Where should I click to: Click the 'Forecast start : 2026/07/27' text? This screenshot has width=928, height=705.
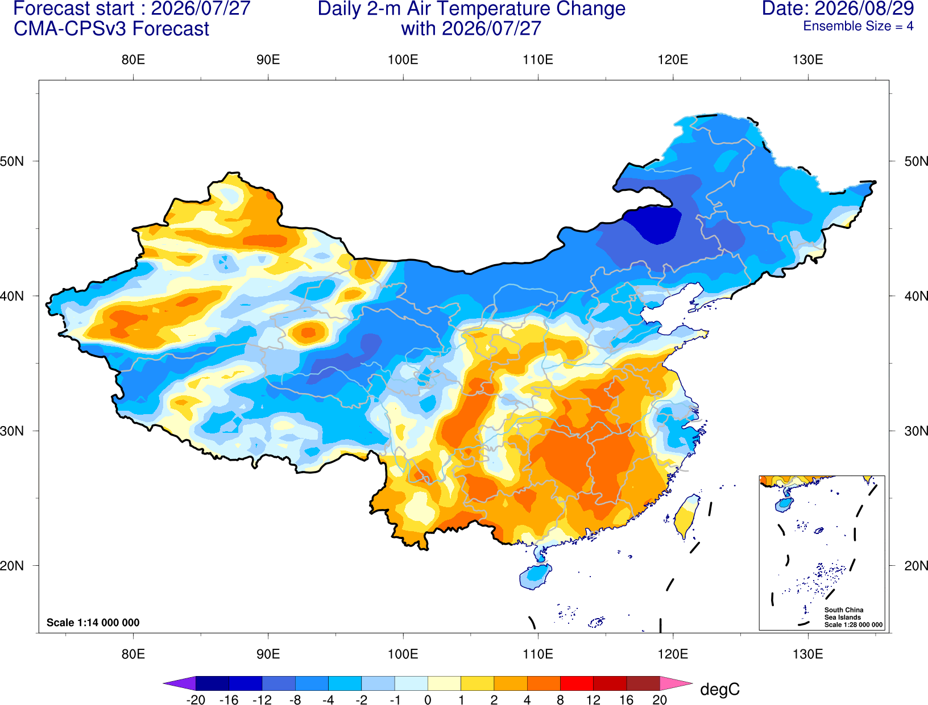point(132,9)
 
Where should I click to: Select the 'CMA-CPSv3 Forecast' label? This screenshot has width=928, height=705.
point(111,29)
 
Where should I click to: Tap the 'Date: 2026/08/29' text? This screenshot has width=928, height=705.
point(838,9)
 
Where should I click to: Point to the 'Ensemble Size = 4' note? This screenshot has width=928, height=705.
point(858,26)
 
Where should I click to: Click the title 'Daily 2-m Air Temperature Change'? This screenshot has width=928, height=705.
point(471,9)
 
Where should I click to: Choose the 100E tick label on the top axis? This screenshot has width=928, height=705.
point(403,60)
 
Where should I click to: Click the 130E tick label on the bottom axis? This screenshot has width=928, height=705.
point(807,654)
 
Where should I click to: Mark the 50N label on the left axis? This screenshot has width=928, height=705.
point(12,161)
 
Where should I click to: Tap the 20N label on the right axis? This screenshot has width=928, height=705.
point(916,566)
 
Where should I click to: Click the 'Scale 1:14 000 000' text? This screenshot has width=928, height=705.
point(93,622)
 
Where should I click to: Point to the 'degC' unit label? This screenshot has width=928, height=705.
point(719,689)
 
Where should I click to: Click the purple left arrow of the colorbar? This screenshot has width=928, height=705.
point(180,683)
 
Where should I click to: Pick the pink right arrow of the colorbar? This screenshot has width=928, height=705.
point(677,683)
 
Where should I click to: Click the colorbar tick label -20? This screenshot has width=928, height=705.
point(196,700)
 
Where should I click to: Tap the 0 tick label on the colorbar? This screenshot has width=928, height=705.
point(428,700)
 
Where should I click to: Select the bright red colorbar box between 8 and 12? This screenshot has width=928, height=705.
point(577,683)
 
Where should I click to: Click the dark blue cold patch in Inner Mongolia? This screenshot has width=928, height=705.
point(652,225)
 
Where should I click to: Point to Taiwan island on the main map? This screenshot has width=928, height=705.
point(686,516)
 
